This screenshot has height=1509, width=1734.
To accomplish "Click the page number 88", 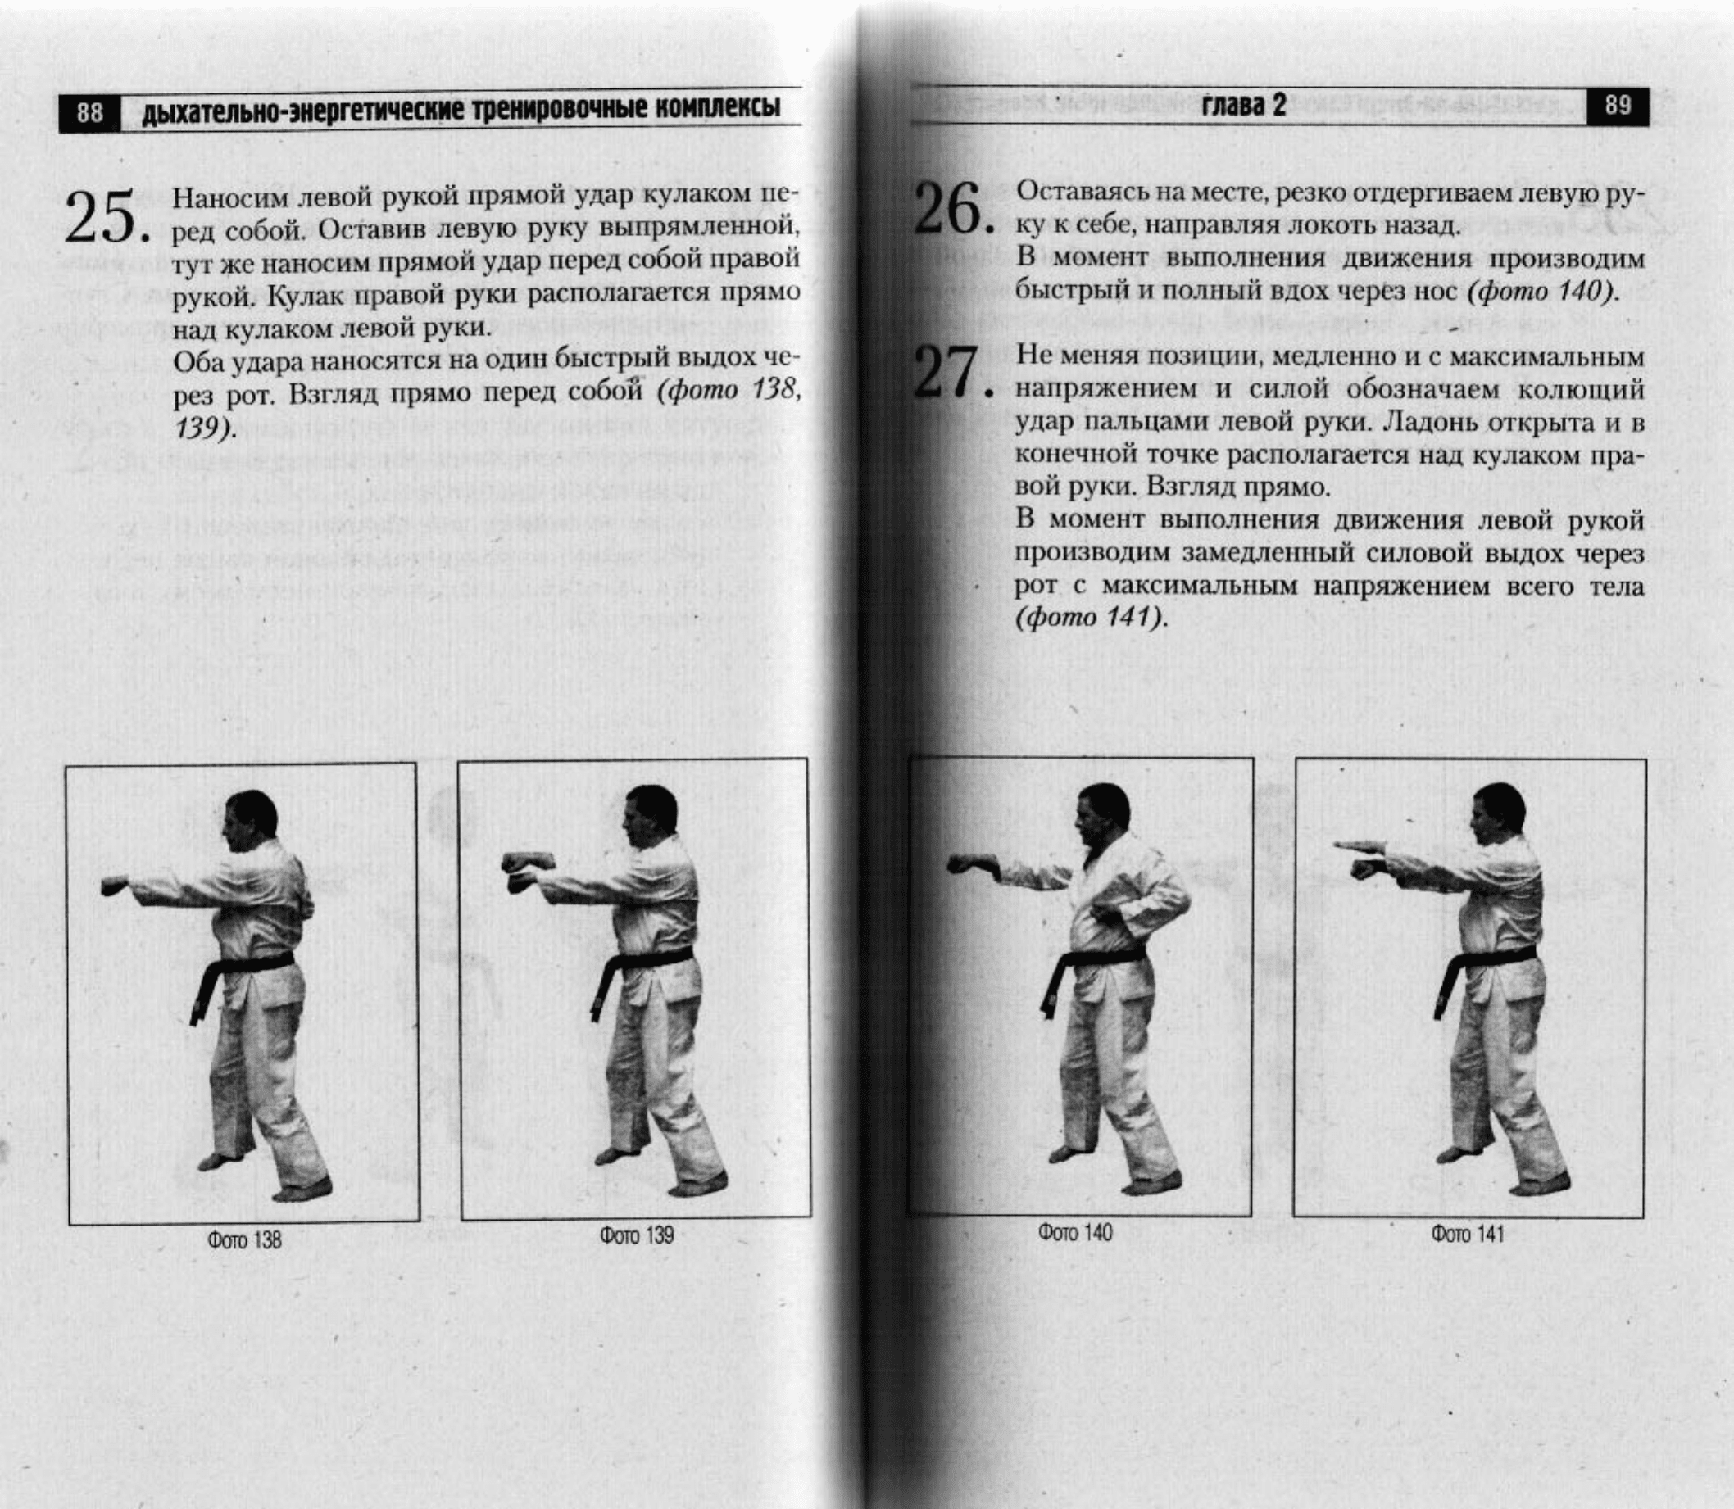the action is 89,111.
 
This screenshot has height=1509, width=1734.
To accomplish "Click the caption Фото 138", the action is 244,1240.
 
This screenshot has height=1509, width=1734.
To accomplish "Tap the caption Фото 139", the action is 636,1235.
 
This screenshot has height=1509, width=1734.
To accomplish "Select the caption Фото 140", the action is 1074,1233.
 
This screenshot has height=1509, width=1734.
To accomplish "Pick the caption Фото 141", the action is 1467,1235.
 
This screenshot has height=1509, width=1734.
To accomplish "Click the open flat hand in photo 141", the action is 1364,844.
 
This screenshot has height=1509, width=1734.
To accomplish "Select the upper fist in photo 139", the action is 526,863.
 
